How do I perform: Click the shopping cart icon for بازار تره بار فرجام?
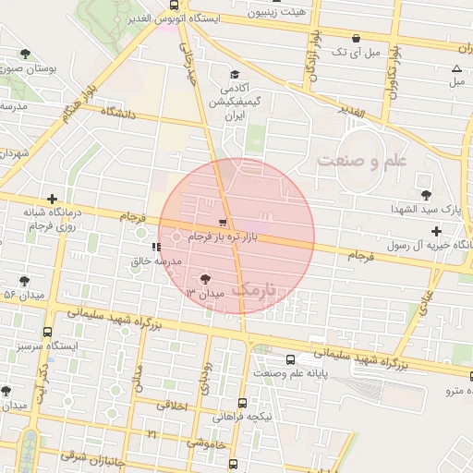coord(223,223)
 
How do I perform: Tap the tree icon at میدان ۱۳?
coord(204,278)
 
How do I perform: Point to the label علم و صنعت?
coord(362,161)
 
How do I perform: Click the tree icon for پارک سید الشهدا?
coord(426,195)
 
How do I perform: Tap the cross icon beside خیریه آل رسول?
coord(436,230)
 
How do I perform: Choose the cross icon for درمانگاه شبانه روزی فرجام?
coord(53,198)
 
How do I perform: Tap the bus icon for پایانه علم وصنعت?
coord(291,359)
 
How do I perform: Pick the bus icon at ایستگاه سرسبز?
coord(47,332)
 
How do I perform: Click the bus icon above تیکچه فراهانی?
coord(242,403)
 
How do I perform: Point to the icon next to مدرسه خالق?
coord(155,247)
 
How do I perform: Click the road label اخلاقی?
coord(173,406)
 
